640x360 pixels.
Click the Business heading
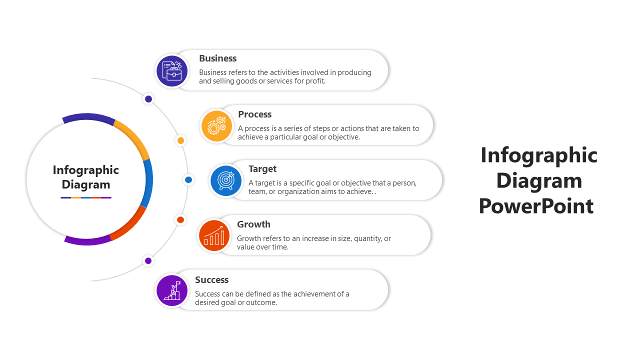click(x=217, y=58)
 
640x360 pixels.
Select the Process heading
click(x=254, y=114)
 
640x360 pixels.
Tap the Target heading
click(x=262, y=169)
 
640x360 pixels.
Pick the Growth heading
click(x=253, y=224)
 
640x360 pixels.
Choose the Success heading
click(x=211, y=279)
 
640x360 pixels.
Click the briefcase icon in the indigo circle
click(x=172, y=71)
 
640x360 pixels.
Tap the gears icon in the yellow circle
click(x=216, y=125)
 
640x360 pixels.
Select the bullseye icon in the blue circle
click(x=226, y=180)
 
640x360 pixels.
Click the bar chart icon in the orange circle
click(x=214, y=235)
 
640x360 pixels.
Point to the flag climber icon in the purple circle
click(x=172, y=290)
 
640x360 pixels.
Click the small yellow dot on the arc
click(x=180, y=140)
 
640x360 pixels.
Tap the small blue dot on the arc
click(x=188, y=179)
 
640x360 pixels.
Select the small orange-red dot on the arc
click(x=180, y=219)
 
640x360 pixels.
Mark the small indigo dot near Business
click(x=148, y=99)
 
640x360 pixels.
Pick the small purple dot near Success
click(x=148, y=260)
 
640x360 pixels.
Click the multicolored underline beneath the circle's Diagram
click(x=86, y=197)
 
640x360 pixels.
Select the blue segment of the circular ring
click(x=147, y=183)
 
